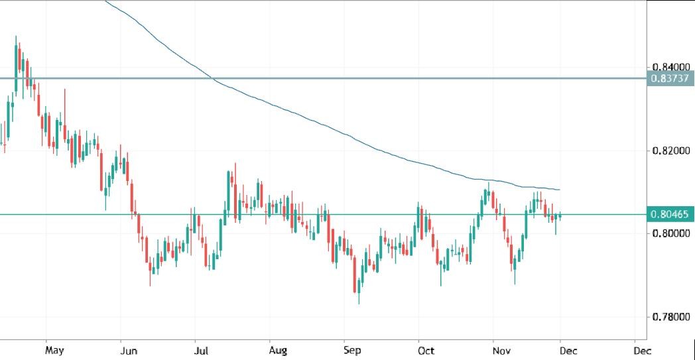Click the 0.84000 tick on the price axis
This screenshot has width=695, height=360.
pyautogui.click(x=670, y=67)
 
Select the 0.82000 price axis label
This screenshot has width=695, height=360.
pyautogui.click(x=670, y=150)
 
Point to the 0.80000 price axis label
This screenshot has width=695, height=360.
pyautogui.click(x=670, y=233)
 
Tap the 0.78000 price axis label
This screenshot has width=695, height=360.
pyautogui.click(x=670, y=317)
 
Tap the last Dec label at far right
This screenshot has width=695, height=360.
pyautogui.click(x=640, y=349)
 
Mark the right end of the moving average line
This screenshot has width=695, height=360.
pyautogui.click(x=560, y=190)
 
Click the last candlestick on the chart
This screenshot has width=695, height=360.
pyautogui.click(x=560, y=215)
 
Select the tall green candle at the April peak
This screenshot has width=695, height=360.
pyautogui.click(x=15, y=66)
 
